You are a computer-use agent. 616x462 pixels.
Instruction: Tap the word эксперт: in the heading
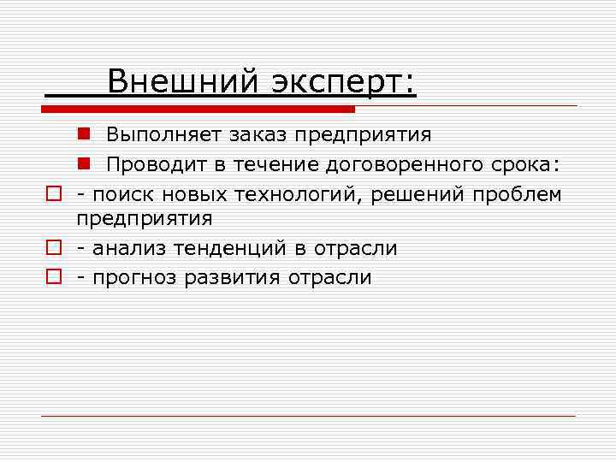click(343, 82)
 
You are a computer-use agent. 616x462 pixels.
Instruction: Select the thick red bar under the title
click(198, 110)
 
